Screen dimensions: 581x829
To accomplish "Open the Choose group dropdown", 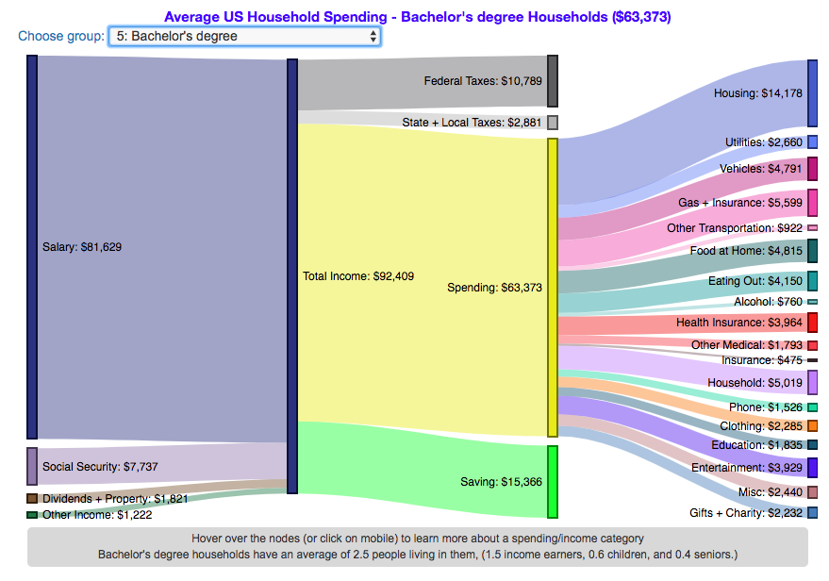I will click(x=244, y=36).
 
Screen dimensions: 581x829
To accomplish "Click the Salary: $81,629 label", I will click(x=82, y=247).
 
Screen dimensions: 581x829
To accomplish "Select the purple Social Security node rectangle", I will click(x=32, y=466).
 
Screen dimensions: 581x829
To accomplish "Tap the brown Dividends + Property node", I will click(x=32, y=498).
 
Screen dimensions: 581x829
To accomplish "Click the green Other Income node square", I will click(x=32, y=515).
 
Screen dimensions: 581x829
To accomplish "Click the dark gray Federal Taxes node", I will click(x=553, y=81).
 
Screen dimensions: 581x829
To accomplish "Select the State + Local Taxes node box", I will click(x=553, y=123).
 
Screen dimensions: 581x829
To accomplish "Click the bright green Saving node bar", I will click(x=553, y=482).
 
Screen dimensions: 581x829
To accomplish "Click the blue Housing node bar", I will click(x=812, y=92).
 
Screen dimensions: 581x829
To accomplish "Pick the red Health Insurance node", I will click(x=812, y=323).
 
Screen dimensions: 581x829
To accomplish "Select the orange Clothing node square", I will click(x=812, y=426).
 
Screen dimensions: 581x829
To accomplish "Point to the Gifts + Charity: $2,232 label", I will click(x=744, y=513).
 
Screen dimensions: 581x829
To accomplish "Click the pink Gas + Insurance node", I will click(x=812, y=203).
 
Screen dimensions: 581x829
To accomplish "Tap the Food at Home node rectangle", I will click(x=812, y=251).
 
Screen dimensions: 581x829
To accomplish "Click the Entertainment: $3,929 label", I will click(x=739, y=468).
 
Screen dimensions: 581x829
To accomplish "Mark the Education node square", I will click(x=812, y=444).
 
